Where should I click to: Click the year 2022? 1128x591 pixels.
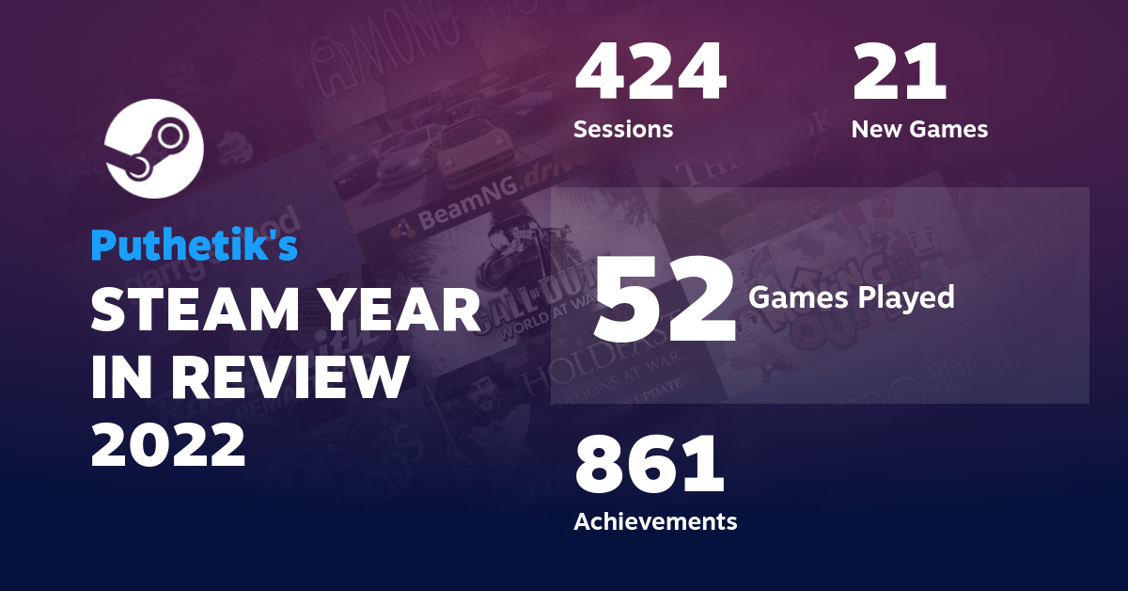click(x=168, y=445)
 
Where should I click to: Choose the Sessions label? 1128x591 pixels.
click(x=623, y=129)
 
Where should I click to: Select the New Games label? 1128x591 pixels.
click(x=919, y=129)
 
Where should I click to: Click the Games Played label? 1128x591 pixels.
click(x=851, y=298)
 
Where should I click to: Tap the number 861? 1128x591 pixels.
click(x=650, y=465)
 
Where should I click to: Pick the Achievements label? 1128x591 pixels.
click(x=655, y=520)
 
